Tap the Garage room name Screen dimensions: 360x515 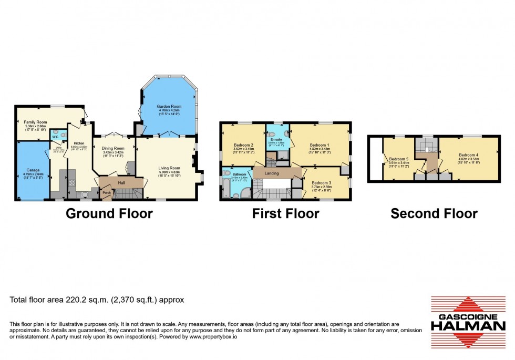tap(33, 170)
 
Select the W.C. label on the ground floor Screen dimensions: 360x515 tap(55, 137)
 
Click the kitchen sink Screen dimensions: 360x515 tap(84, 194)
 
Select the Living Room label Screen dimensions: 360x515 tap(169, 168)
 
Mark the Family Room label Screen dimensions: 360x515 tap(35, 122)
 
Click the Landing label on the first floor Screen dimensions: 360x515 tap(272, 173)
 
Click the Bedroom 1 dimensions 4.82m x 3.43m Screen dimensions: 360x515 tap(320, 149)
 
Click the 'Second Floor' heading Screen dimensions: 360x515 tap(434, 213)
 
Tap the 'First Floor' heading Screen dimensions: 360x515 tap(285, 213)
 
